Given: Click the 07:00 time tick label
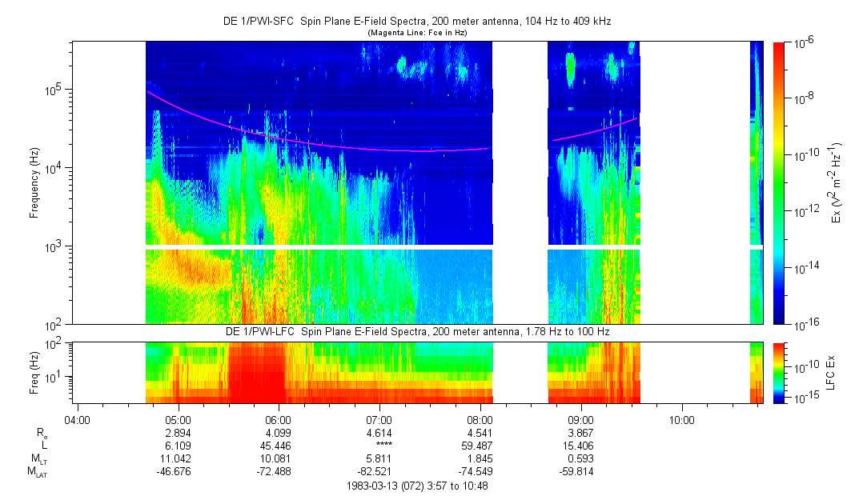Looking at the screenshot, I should tap(379, 418).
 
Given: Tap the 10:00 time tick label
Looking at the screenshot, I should tap(681, 418).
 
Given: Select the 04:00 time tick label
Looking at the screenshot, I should tap(76, 418).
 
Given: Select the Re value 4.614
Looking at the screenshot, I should tap(379, 433).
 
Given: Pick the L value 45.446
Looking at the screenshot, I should tap(278, 445).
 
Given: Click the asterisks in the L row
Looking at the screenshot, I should tap(379, 446).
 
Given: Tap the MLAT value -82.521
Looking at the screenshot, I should tap(379, 471).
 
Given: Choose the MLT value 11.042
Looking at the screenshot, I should tap(177, 458).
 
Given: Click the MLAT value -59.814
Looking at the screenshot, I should tap(580, 471).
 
